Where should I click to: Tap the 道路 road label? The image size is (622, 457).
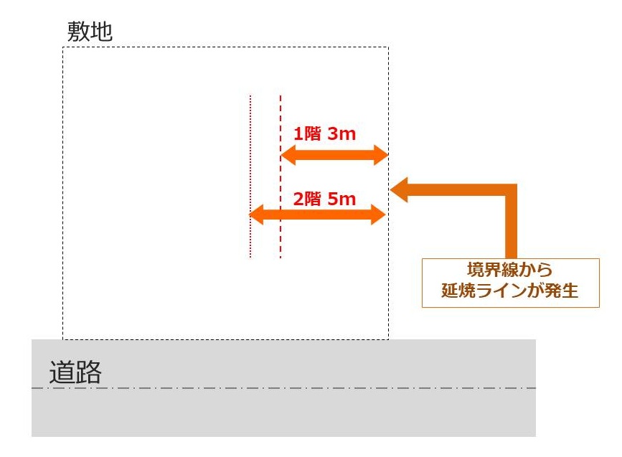tap(75, 373)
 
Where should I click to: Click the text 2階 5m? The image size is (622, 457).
tap(324, 199)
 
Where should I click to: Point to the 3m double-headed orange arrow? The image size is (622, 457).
tap(334, 154)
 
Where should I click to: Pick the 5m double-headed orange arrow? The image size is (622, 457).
tap(318, 214)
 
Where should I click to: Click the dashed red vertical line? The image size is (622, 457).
tap(280, 176)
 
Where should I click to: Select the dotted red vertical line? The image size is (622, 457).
tap(250, 176)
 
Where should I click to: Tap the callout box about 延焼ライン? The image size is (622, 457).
tap(510, 283)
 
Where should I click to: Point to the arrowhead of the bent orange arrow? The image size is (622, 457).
tap(399, 189)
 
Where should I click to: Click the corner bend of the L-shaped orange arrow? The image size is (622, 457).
tap(510, 190)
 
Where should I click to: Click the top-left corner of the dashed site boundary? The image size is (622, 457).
tap(63, 48)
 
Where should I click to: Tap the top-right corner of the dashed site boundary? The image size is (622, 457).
tap(388, 48)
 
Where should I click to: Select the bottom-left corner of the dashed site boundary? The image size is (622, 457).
tap(63, 339)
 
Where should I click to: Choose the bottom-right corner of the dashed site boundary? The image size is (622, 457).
tap(388, 339)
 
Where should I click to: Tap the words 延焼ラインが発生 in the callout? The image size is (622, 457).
tap(510, 293)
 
